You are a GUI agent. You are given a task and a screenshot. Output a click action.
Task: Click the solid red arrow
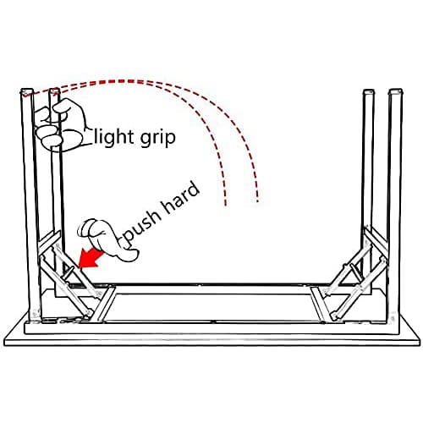91,258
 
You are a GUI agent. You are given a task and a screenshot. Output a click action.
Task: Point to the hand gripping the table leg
60,125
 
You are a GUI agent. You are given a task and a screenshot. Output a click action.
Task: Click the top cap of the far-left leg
26,91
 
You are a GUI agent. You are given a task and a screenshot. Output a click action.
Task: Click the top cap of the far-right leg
396,91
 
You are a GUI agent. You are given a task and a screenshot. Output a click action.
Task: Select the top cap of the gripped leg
54,91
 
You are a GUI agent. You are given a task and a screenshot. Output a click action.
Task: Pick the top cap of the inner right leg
369,92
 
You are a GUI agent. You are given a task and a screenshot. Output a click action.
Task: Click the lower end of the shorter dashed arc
225,204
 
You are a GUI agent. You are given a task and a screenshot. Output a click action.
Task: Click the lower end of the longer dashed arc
257,201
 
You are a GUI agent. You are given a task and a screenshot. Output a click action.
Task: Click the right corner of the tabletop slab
419,342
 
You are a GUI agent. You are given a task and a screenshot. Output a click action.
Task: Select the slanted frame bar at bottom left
105,305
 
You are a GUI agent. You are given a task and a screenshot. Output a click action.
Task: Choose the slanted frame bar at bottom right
320,305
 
